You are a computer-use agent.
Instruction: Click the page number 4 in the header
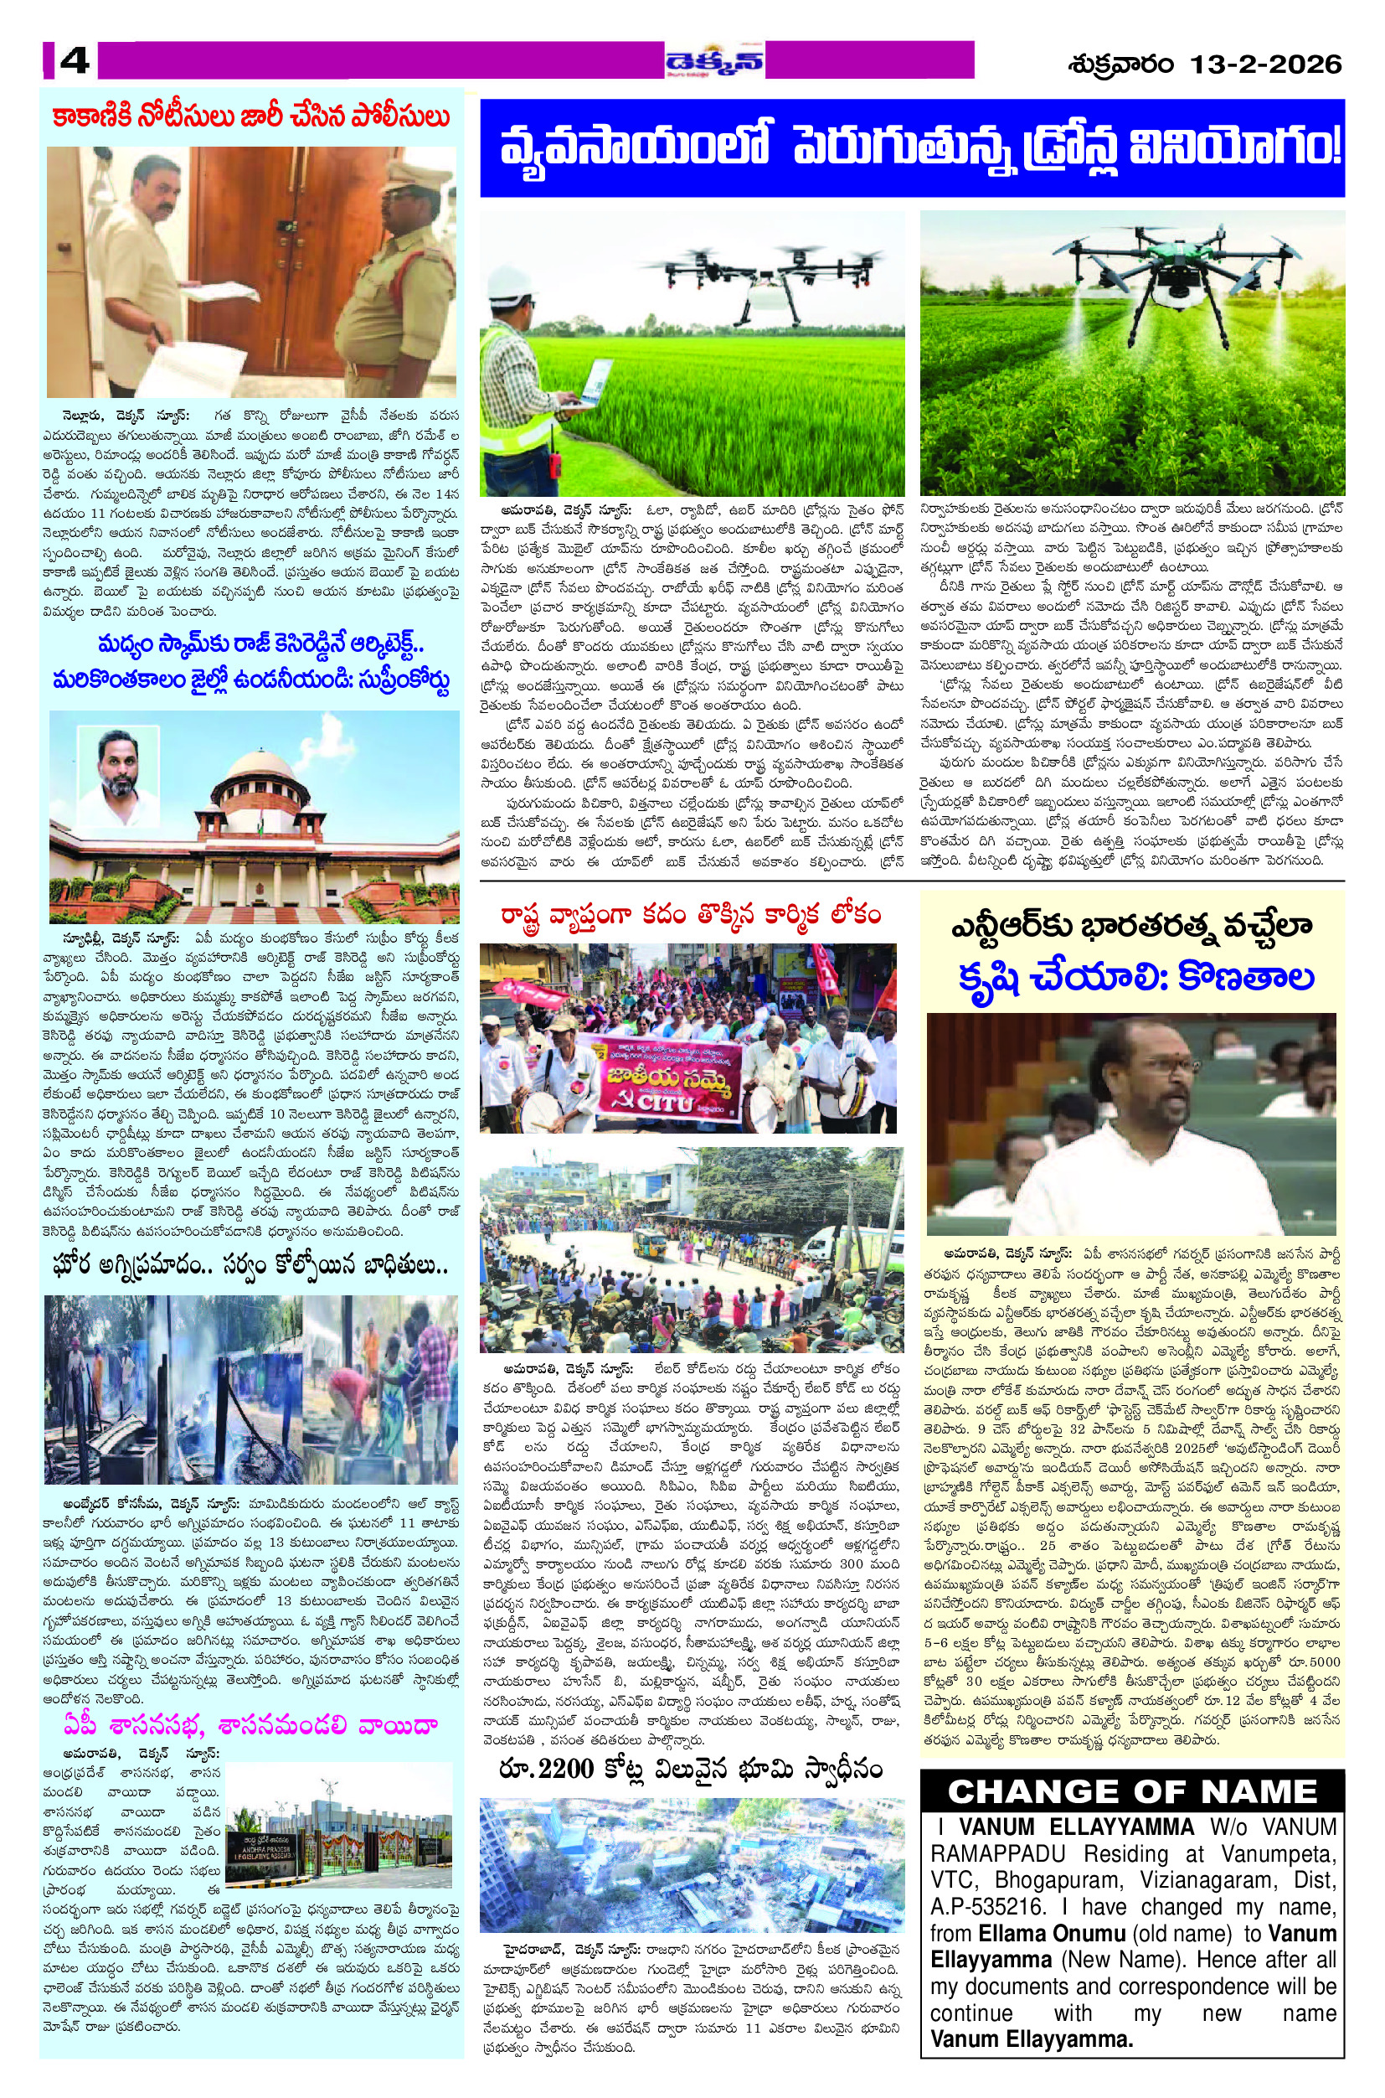point(75,62)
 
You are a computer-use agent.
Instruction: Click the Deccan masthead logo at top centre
point(715,61)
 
